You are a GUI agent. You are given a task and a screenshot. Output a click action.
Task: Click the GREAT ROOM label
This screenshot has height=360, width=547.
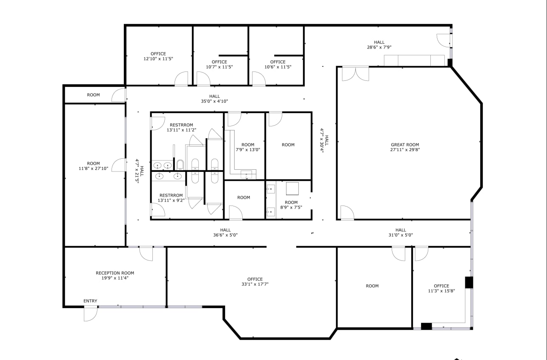tap(405, 145)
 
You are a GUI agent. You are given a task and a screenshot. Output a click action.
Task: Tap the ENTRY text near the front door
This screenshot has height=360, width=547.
tap(90, 301)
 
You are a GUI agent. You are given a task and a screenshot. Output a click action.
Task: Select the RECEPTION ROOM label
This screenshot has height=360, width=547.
tap(115, 273)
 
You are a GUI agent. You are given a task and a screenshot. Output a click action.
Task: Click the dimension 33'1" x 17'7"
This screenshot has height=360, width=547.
tap(255, 284)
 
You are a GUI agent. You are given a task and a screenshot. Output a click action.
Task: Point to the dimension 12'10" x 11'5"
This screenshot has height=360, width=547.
tap(158, 59)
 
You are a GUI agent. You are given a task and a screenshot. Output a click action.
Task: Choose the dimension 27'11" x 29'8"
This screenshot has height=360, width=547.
tap(405, 150)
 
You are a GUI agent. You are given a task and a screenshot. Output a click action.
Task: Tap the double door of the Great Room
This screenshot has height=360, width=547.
tap(355, 74)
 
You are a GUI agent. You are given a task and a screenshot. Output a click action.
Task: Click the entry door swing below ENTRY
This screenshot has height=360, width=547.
tap(91, 314)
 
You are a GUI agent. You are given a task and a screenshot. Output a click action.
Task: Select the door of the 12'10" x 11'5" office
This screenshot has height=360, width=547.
tap(181, 79)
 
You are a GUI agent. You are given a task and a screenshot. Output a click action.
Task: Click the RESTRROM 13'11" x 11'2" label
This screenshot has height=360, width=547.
tap(181, 127)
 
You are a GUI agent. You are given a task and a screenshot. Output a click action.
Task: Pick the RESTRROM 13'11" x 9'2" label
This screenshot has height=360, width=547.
tap(171, 198)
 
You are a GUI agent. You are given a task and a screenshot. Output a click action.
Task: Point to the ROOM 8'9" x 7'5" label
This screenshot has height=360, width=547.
tap(291, 205)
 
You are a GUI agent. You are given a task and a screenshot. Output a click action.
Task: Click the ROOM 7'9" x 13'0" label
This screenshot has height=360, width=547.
tap(248, 147)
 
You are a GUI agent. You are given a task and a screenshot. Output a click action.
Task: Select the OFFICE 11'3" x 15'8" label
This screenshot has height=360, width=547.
tap(441, 289)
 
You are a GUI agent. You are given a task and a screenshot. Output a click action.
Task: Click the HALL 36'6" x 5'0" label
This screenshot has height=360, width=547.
tap(225, 232)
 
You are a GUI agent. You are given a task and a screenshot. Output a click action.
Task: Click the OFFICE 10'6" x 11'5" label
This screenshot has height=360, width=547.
tap(278, 64)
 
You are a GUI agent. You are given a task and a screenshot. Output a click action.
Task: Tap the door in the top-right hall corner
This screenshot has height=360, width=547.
tap(444, 40)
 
